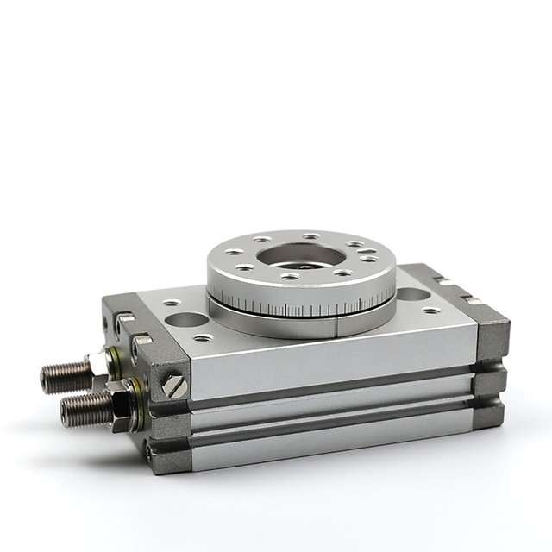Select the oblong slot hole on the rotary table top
pyautogui.click(x=369, y=255)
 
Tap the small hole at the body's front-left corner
pyautogui.click(x=204, y=337)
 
